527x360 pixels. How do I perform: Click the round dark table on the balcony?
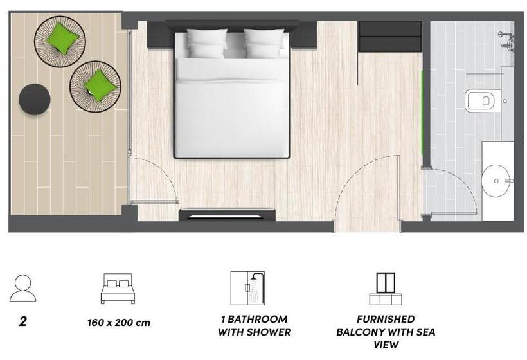pos(34,100)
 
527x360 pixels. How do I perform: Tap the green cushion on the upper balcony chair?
pos(63,38)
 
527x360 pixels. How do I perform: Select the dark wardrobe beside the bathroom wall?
pos(389,36)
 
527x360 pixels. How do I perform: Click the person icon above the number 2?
pos(23,287)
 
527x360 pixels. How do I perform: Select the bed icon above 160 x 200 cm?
pos(118,289)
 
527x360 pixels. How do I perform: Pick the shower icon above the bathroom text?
pos(248,288)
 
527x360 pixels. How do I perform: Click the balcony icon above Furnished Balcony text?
pos(386,289)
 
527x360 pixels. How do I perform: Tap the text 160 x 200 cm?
pos(118,322)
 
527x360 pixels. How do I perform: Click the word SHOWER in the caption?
pos(269,332)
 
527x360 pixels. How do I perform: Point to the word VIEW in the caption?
pos(386,345)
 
